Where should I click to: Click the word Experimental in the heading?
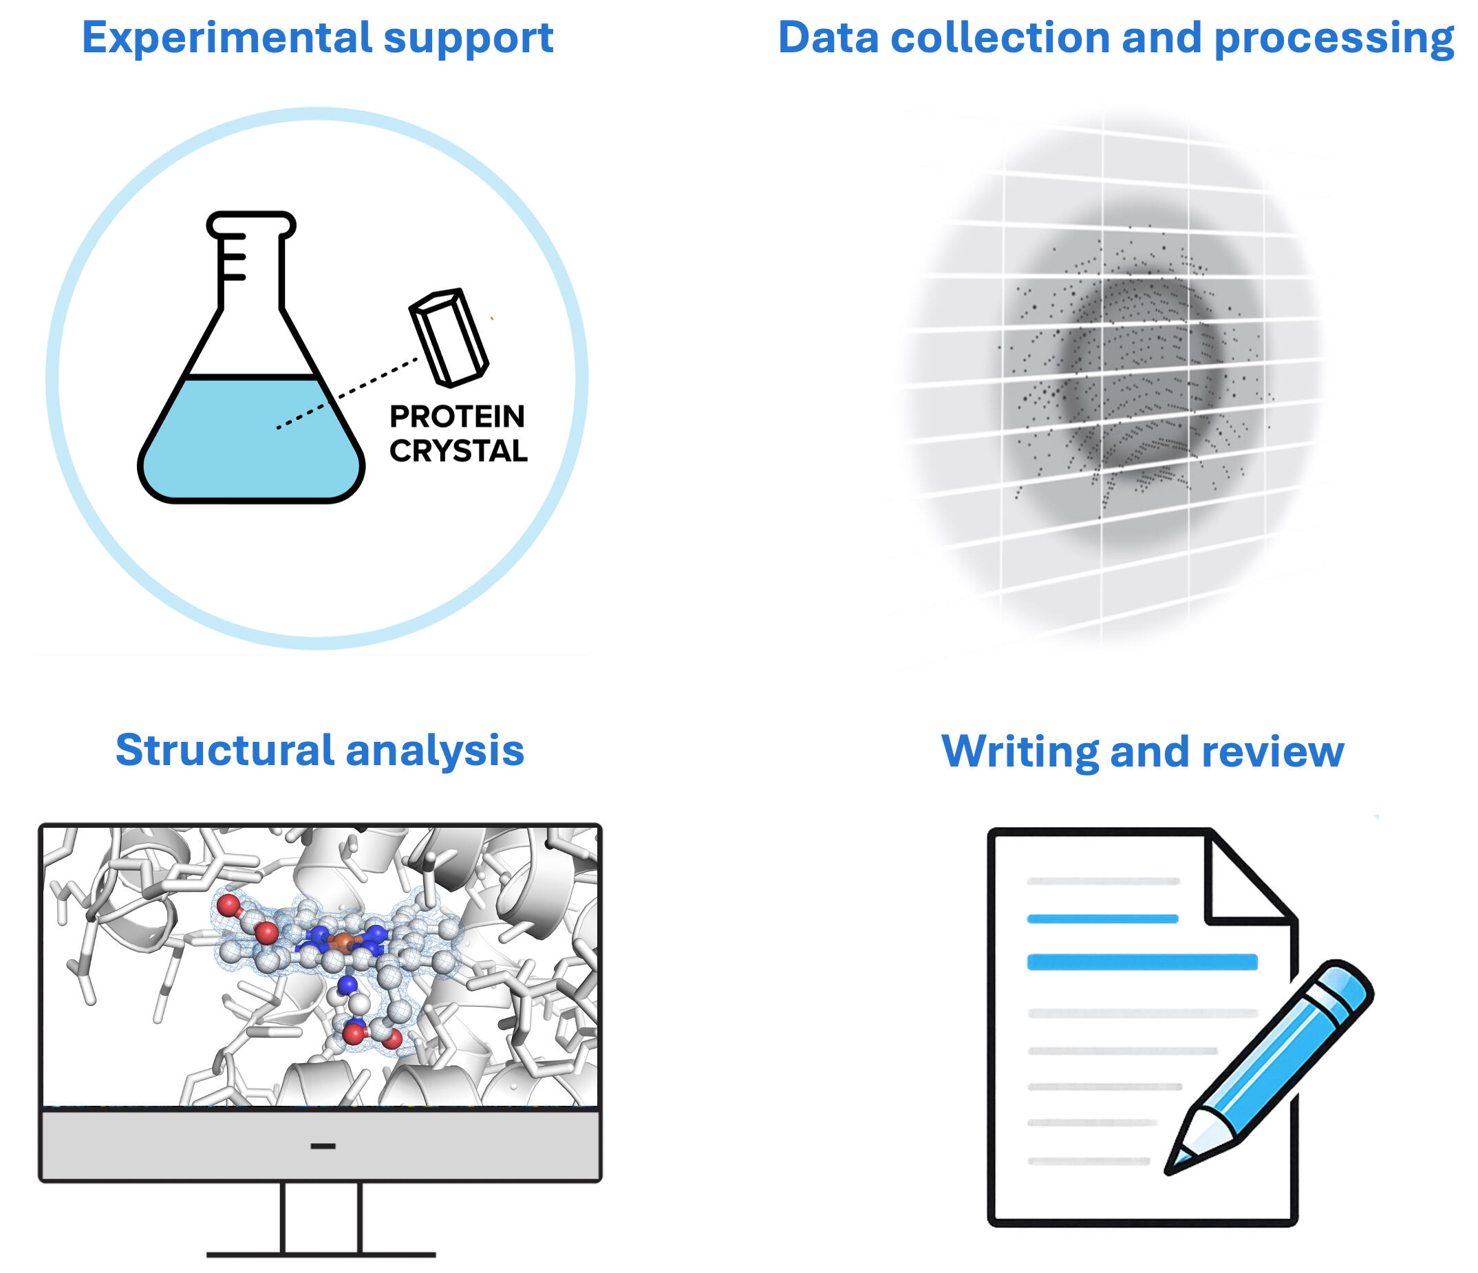227,38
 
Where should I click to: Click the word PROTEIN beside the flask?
458,416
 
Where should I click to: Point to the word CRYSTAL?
459,451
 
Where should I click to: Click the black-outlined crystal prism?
449,337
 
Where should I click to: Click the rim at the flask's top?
251,224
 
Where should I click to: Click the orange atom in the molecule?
343,943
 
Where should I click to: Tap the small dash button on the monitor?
323,1146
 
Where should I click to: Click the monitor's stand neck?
321,1219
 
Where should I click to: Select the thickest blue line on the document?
1142,962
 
